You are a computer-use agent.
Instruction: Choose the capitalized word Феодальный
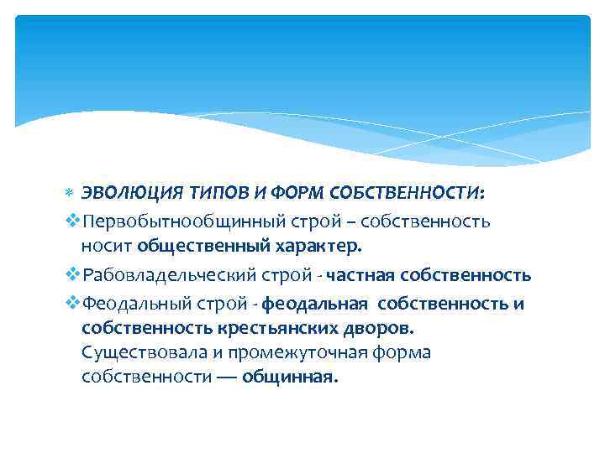(130, 302)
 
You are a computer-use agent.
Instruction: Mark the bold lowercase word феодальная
(315, 302)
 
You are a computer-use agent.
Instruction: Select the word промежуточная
(300, 351)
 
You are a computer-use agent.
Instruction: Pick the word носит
(107, 247)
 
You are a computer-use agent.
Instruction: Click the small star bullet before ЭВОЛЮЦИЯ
(70, 194)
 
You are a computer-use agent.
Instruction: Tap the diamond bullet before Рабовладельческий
(71, 274)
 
